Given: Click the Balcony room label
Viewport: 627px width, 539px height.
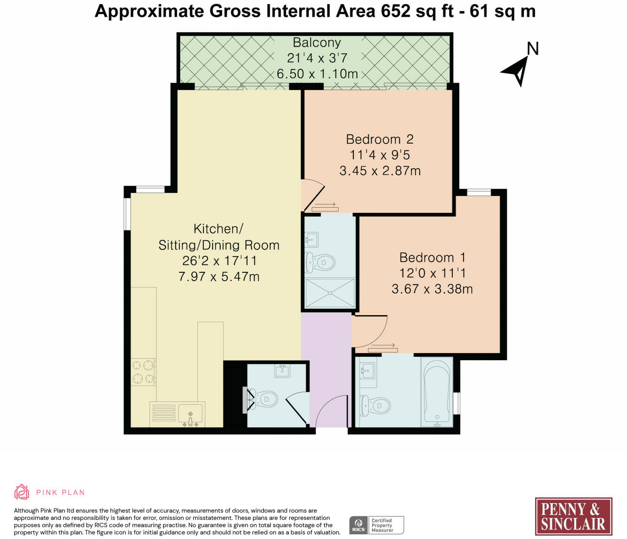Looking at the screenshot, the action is pyautogui.click(x=317, y=42).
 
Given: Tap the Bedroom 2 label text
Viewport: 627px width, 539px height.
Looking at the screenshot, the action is pyautogui.click(x=380, y=139).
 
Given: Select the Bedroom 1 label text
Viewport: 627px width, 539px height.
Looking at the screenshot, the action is pyautogui.click(x=432, y=257).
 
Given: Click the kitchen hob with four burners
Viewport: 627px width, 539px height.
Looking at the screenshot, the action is pyautogui.click(x=144, y=372).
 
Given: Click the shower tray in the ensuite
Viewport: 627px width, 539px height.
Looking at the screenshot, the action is pyautogui.click(x=330, y=293).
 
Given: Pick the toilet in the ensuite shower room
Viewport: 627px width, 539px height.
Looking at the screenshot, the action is pyautogui.click(x=320, y=262).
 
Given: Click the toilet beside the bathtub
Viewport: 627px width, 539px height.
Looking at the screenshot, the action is pyautogui.click(x=375, y=405).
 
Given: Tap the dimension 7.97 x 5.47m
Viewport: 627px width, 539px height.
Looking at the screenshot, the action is pyautogui.click(x=219, y=276).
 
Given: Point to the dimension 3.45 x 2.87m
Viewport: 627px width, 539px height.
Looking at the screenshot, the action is pyautogui.click(x=380, y=171).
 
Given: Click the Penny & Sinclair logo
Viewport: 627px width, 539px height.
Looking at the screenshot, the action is pyautogui.click(x=573, y=516).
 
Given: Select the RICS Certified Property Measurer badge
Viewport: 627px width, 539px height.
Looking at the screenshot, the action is pyautogui.click(x=377, y=525).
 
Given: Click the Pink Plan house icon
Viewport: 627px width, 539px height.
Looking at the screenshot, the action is pyautogui.click(x=22, y=492).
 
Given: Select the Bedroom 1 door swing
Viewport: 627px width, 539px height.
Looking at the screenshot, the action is pyautogui.click(x=370, y=331).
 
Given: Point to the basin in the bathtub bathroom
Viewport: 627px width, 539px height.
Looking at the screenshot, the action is pyautogui.click(x=368, y=370).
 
